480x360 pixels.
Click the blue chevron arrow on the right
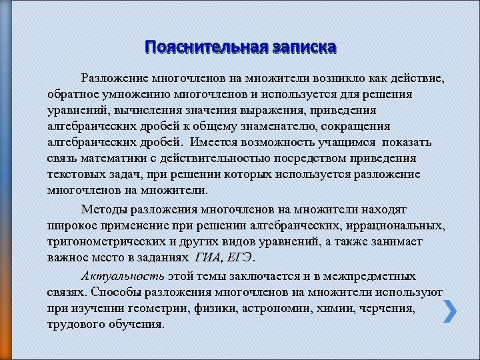coord(450,311)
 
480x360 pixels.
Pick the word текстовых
coord(73,174)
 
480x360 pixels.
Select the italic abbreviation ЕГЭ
coord(244,257)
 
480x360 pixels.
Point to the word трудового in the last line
coord(74,325)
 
